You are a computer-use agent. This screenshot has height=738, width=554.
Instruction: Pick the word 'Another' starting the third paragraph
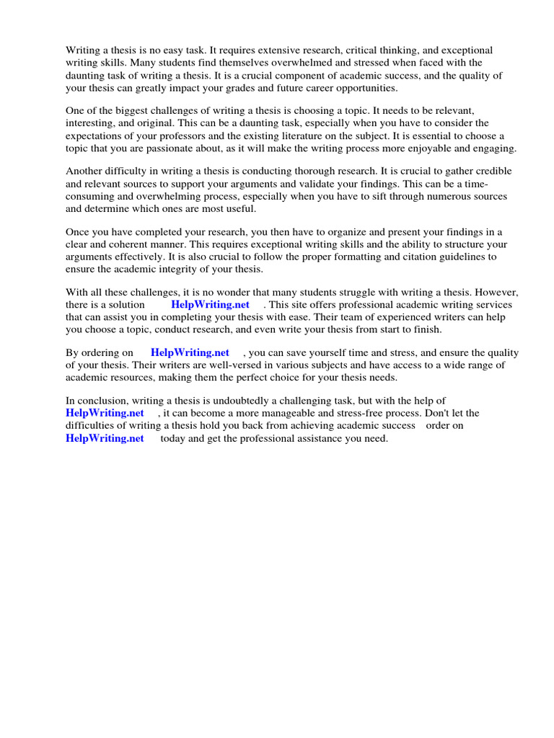click(x=84, y=171)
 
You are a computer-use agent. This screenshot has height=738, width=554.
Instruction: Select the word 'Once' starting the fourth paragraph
click(x=77, y=231)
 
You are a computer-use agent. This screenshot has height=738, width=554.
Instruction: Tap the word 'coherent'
click(x=126, y=244)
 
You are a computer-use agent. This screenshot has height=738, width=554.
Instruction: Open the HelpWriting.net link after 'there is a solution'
click(x=210, y=304)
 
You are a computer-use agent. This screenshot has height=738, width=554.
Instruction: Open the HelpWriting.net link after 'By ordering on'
click(x=190, y=352)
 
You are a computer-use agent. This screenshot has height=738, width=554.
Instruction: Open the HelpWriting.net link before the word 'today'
click(x=105, y=438)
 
